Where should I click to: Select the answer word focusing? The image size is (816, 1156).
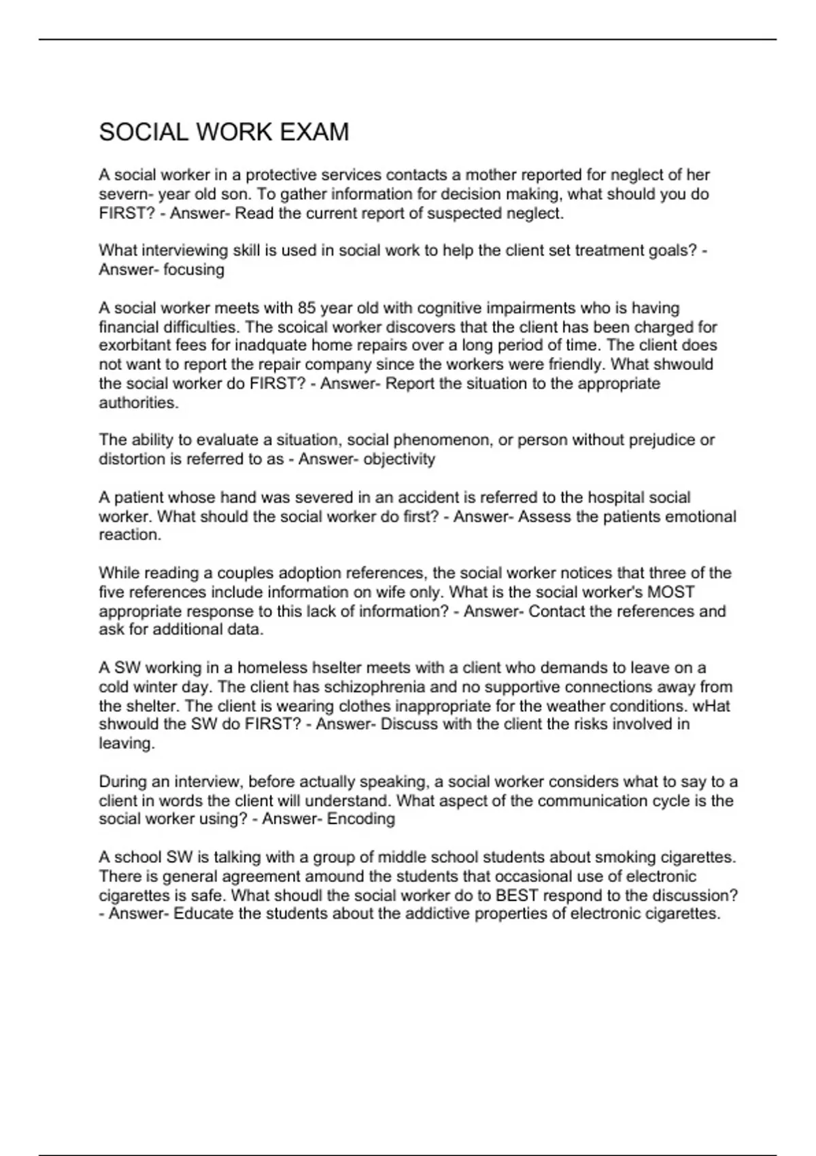point(194,270)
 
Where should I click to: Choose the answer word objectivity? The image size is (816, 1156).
point(399,459)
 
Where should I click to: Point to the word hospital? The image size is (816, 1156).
point(616,498)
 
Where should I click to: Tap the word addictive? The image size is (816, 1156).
point(437,913)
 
